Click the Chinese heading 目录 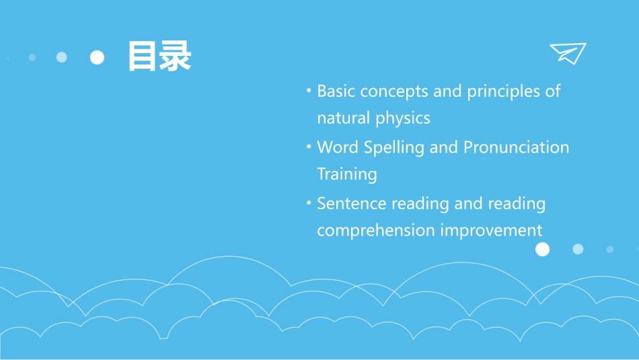(x=159, y=57)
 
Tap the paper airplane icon (x=568, y=53)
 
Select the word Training (x=346, y=174)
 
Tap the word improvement (x=491, y=231)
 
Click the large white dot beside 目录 (x=97, y=57)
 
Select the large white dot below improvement (x=542, y=250)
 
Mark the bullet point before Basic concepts (x=308, y=89)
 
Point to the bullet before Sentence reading (x=308, y=201)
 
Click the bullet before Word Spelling (x=308, y=145)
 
